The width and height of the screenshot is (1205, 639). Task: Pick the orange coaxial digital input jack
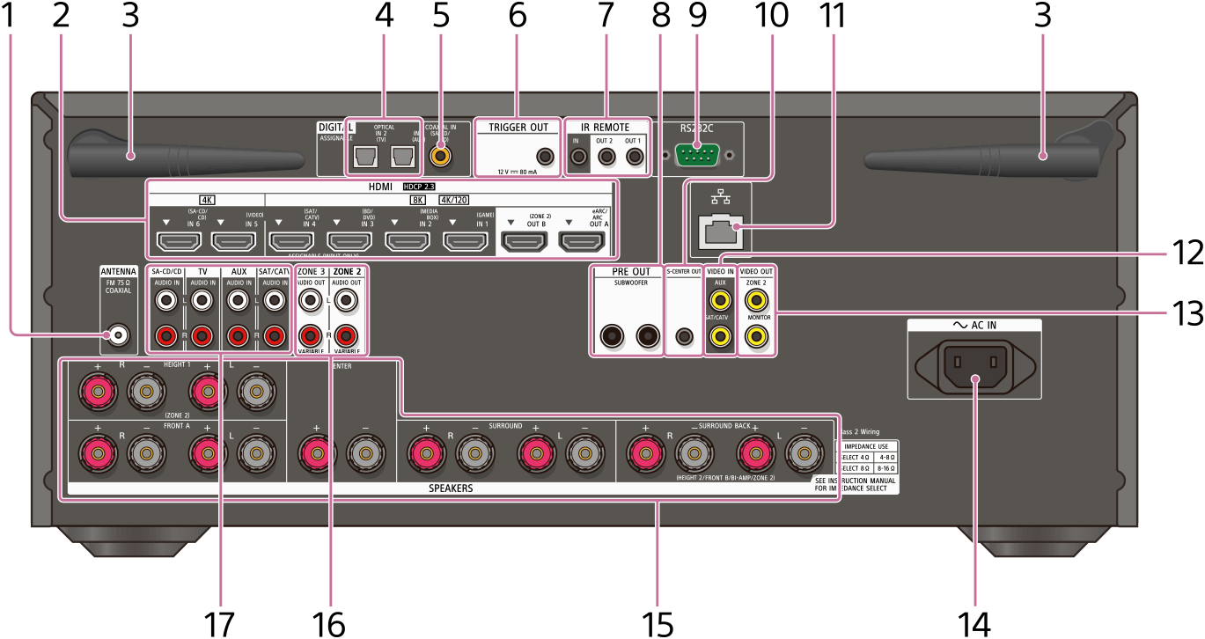(440, 156)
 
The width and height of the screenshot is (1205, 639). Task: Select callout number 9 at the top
(695, 17)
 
